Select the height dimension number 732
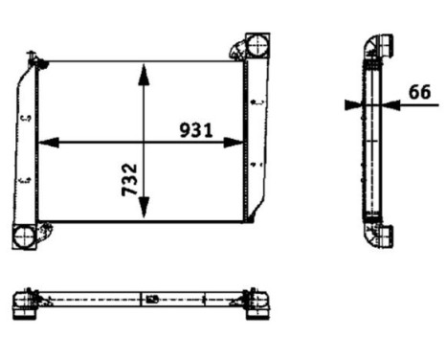[129, 179]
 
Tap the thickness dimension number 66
[419, 92]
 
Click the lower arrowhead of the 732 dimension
[144, 214]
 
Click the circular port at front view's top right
[257, 45]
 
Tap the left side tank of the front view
[26, 144]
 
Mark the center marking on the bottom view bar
[151, 300]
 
